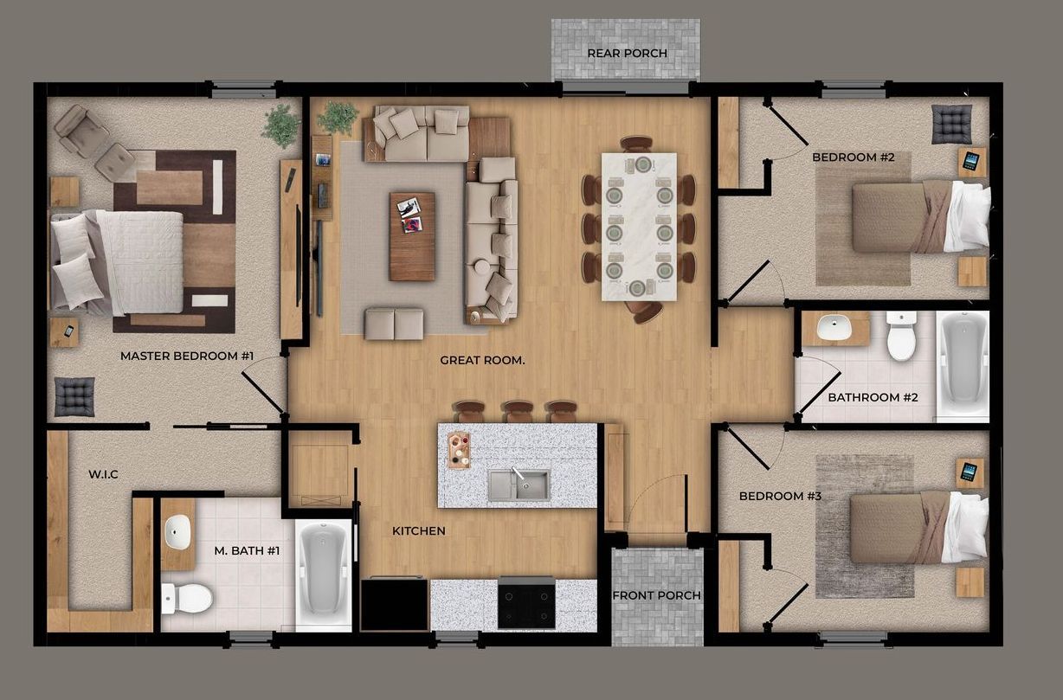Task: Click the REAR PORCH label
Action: (x=627, y=54)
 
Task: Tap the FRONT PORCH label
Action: (x=657, y=595)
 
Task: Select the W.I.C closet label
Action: (x=103, y=474)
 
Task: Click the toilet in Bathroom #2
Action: (x=901, y=337)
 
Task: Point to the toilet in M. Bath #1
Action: (x=188, y=597)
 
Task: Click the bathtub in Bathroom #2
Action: (x=963, y=363)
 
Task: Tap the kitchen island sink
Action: (x=518, y=485)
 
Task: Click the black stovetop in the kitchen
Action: (x=526, y=604)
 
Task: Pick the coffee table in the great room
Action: (x=412, y=236)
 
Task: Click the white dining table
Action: (x=640, y=226)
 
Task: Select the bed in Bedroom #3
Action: (x=918, y=527)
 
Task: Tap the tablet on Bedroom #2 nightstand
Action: (x=971, y=161)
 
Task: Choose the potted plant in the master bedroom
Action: (x=280, y=125)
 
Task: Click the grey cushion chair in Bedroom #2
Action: (x=952, y=124)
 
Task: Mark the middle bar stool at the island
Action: (x=518, y=411)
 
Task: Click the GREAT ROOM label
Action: (x=482, y=360)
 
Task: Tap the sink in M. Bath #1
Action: (x=177, y=531)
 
